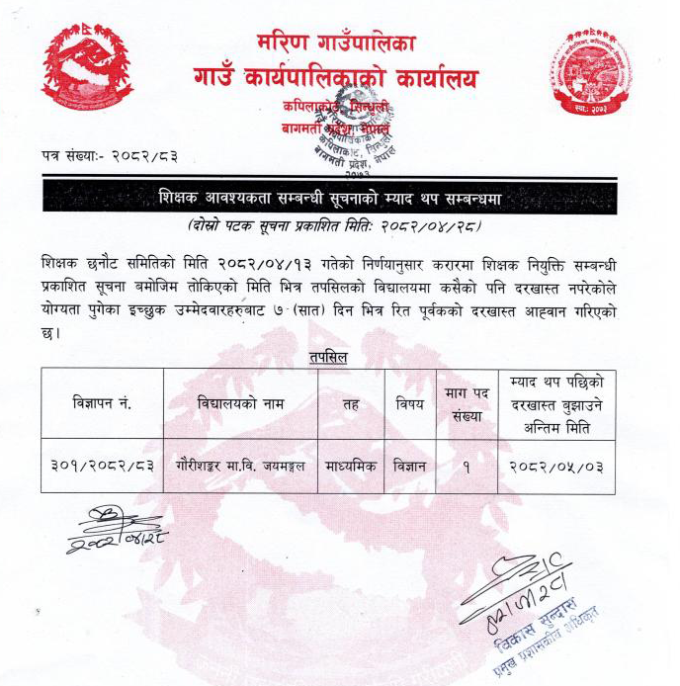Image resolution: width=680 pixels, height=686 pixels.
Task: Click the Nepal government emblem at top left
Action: click(87, 70)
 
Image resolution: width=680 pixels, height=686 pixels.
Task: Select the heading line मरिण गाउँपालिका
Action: click(335, 43)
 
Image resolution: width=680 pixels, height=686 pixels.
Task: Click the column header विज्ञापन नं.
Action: click(102, 403)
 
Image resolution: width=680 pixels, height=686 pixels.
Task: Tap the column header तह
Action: click(351, 403)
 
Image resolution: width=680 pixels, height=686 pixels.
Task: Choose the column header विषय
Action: click(409, 403)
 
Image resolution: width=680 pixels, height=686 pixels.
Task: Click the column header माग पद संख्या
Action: click(466, 405)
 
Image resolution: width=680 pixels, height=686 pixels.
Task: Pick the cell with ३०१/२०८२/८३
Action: click(102, 465)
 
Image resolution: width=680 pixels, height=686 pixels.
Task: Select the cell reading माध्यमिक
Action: click(351, 465)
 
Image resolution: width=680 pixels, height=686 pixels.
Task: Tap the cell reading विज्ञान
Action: click(409, 465)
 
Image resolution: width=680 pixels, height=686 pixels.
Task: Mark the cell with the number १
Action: click(466, 465)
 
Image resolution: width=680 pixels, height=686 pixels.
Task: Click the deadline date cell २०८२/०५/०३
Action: click(556, 465)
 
